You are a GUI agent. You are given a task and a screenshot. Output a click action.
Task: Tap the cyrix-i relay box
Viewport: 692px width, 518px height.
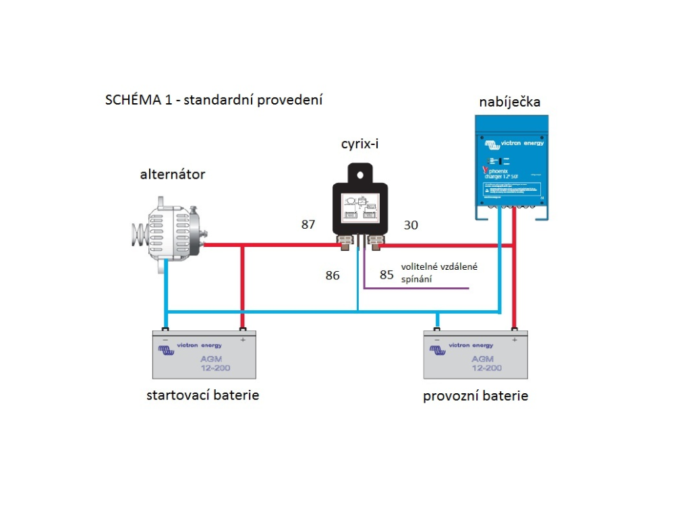[360, 206]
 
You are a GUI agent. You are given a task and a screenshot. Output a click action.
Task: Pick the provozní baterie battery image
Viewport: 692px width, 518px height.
[475, 355]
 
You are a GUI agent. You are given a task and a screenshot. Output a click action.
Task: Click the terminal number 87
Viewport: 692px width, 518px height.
[308, 225]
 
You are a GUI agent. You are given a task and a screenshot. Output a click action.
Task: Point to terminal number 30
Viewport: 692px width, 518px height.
[411, 225]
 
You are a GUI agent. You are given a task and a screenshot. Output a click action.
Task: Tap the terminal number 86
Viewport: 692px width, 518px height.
[332, 275]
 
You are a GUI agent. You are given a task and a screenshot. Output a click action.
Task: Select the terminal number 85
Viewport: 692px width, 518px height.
[386, 275]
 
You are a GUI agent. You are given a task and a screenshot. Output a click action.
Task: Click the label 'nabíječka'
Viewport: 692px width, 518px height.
[509, 102]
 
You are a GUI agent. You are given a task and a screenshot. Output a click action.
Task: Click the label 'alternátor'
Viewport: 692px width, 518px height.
[172, 175]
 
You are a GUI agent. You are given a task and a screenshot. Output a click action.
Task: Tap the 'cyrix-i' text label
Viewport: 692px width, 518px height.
[362, 145]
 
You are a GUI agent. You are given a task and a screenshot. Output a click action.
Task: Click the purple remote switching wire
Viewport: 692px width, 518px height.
[418, 289]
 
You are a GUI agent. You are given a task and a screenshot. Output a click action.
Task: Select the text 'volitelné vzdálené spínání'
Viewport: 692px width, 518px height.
[439, 272]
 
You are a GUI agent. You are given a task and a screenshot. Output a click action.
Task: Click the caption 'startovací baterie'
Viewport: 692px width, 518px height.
[202, 395]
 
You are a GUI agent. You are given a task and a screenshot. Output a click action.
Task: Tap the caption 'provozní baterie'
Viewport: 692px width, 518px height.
[475, 396]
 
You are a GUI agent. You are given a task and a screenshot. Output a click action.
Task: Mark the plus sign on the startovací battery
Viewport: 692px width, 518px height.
[243, 339]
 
